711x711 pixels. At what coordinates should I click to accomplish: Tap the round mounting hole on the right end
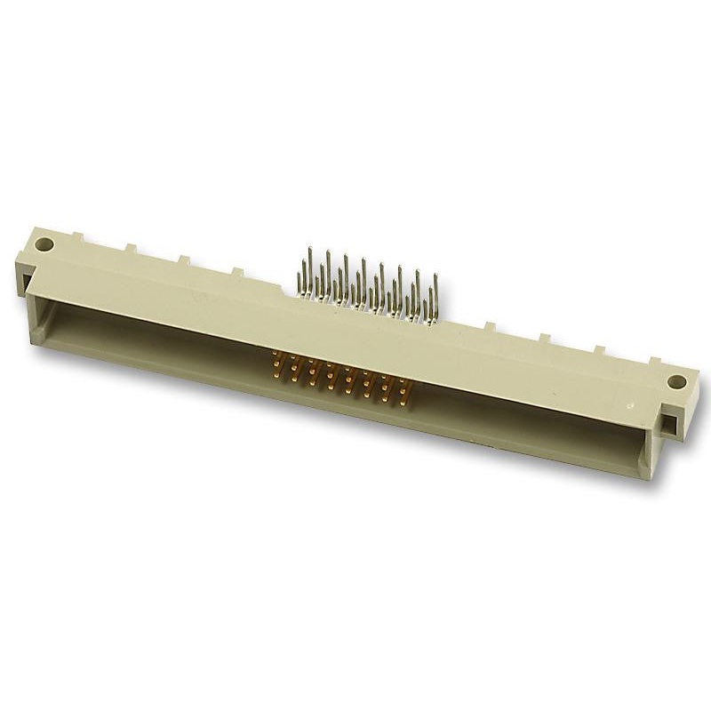[x=677, y=382]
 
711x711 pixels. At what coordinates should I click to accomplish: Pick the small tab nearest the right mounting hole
[x=653, y=360]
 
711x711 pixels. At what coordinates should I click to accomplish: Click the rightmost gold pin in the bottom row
[x=402, y=404]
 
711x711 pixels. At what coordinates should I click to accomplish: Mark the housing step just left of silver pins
[x=286, y=286]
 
